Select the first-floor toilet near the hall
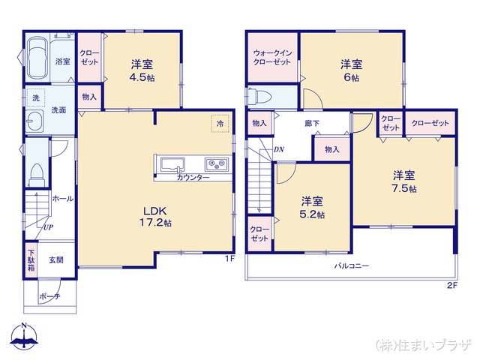[x=35, y=175]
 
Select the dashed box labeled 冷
[x=220, y=123]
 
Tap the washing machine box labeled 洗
[x=35, y=98]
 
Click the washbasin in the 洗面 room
[x=35, y=123]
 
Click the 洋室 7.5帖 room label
[x=405, y=181]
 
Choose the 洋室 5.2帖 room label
[x=313, y=207]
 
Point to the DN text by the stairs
[x=278, y=150]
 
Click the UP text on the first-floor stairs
[x=48, y=226]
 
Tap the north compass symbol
[x=25, y=337]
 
